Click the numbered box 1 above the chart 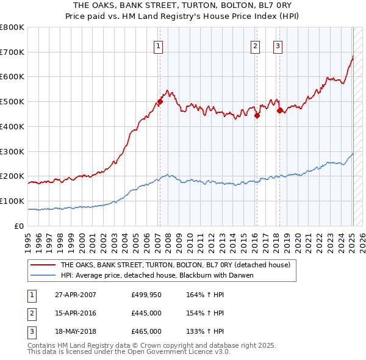[158, 45]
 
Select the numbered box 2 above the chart [254, 45]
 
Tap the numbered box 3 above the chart [278, 45]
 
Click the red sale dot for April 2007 [160, 102]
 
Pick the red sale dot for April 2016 [257, 115]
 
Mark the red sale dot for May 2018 [279, 110]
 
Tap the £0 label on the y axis [20, 225]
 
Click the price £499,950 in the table [146, 295]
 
